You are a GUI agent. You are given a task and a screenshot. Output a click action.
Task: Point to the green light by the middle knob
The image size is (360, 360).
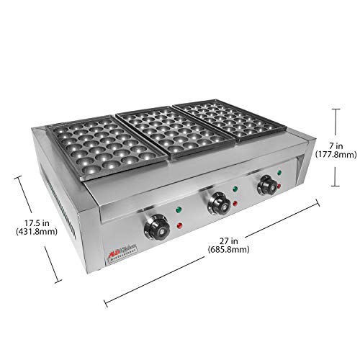(234, 191)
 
